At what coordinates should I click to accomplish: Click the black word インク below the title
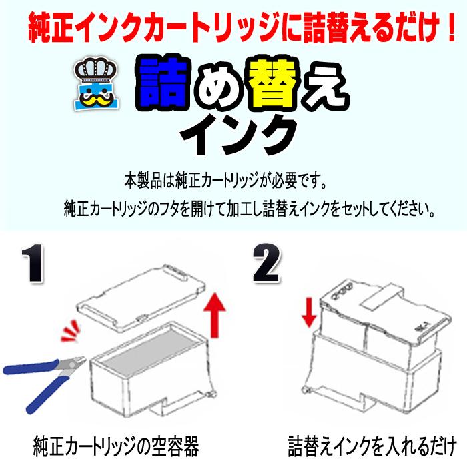(x=239, y=133)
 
